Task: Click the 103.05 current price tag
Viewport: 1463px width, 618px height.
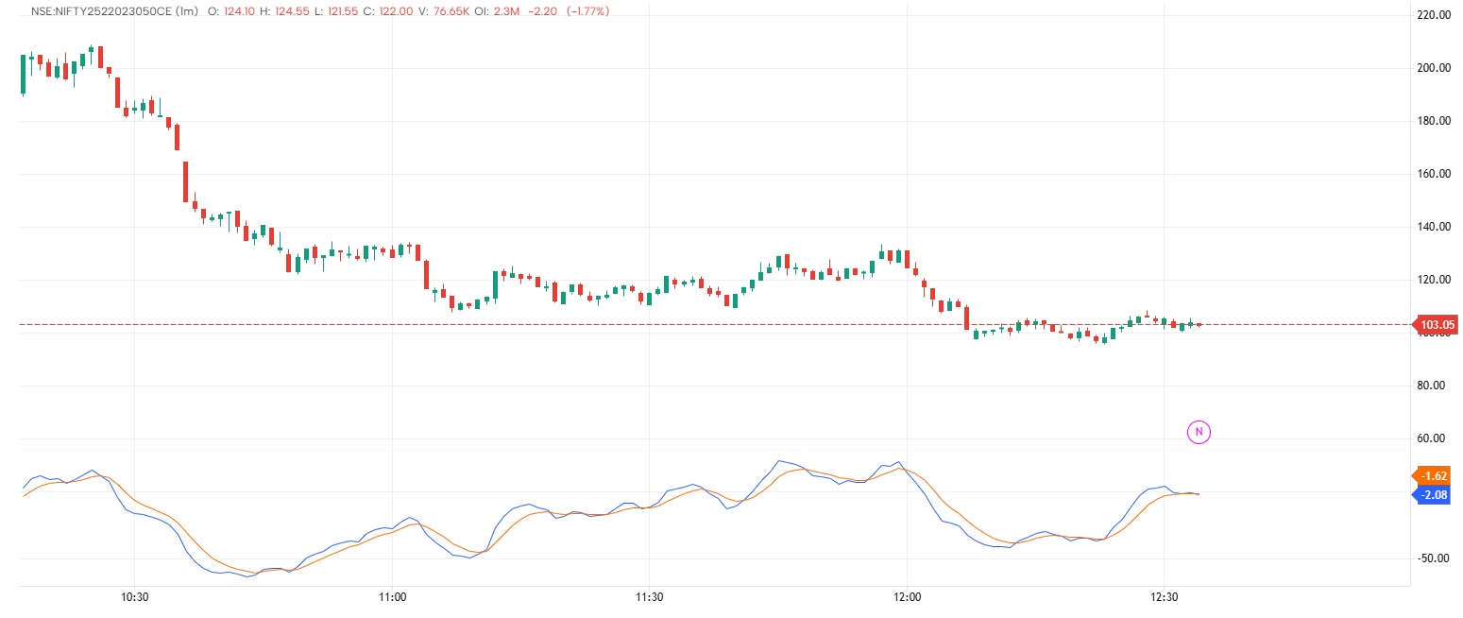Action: tap(1437, 325)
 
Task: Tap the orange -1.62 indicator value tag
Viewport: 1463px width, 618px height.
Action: tap(1436, 475)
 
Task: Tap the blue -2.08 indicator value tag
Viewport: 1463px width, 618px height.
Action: tap(1436, 493)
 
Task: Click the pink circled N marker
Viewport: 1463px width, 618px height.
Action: tap(1198, 432)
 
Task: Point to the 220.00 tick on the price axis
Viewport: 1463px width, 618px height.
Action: tap(1435, 15)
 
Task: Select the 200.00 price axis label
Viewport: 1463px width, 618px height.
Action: tap(1435, 68)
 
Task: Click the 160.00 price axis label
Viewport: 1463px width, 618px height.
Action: tap(1435, 174)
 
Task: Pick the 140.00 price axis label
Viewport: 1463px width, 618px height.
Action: tap(1435, 227)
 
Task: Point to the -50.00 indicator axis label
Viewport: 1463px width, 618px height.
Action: tap(1435, 558)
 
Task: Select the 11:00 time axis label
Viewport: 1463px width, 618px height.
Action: tap(392, 597)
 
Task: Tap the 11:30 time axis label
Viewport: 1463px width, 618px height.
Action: tap(649, 597)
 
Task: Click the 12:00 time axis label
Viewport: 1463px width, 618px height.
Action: tap(907, 597)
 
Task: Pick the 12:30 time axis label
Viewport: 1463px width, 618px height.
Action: tap(1164, 597)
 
